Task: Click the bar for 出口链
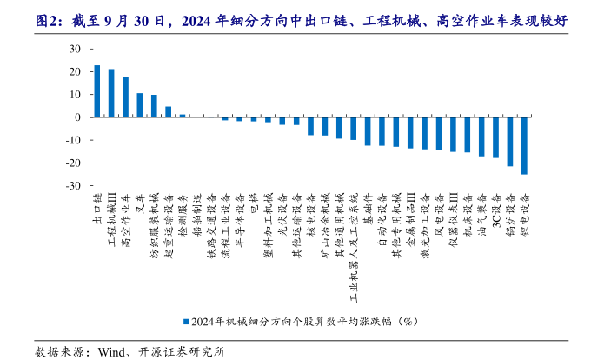pyautogui.click(x=96, y=91)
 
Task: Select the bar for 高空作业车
pyautogui.click(x=125, y=97)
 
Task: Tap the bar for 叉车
pyautogui.click(x=139, y=105)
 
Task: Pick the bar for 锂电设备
pyautogui.click(x=524, y=145)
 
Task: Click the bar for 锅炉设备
pyautogui.click(x=510, y=142)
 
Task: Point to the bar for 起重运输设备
pyautogui.click(x=168, y=112)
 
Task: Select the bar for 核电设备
pyautogui.click(x=310, y=126)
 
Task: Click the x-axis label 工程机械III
pyautogui.click(x=111, y=217)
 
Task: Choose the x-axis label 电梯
pyautogui.click(x=254, y=204)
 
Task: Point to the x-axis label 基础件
pyautogui.click(x=368, y=208)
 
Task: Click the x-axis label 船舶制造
pyautogui.click(x=196, y=213)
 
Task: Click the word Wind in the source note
pyautogui.click(x=113, y=350)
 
